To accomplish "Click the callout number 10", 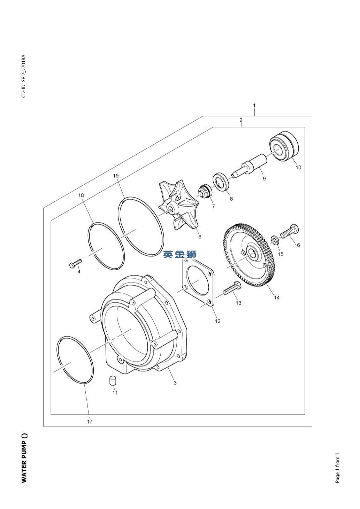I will pyautogui.click(x=298, y=167).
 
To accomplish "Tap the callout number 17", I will pyautogui.click(x=90, y=422).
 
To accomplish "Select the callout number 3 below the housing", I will pyautogui.click(x=175, y=383).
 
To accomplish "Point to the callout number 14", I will pyautogui.click(x=277, y=298).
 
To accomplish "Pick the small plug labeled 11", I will pyautogui.click(x=113, y=380).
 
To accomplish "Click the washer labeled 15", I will pyautogui.click(x=275, y=240).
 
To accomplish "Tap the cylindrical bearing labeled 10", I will pyautogui.click(x=285, y=146).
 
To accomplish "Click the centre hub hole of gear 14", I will pyautogui.click(x=252, y=253).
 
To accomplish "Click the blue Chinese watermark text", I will pyautogui.click(x=180, y=255).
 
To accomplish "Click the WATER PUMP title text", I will pyautogui.click(x=24, y=458).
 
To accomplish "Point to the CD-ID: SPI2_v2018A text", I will pyautogui.click(x=23, y=76).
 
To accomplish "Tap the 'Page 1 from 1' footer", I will pyautogui.click(x=337, y=468).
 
